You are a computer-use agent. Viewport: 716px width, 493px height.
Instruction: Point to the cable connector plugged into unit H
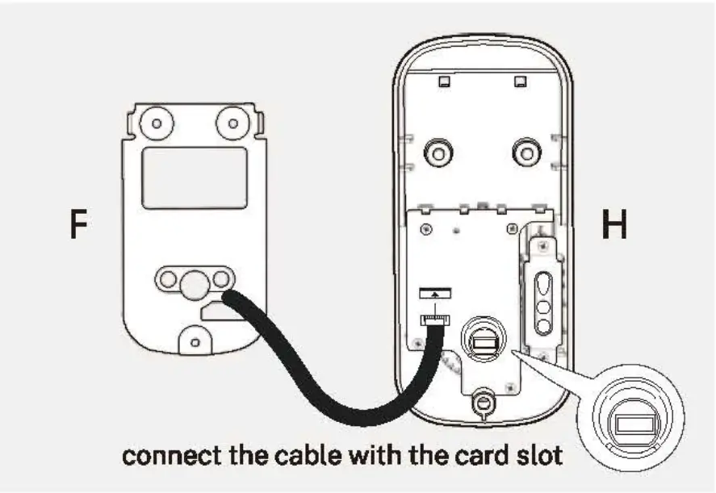[x=434, y=320]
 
